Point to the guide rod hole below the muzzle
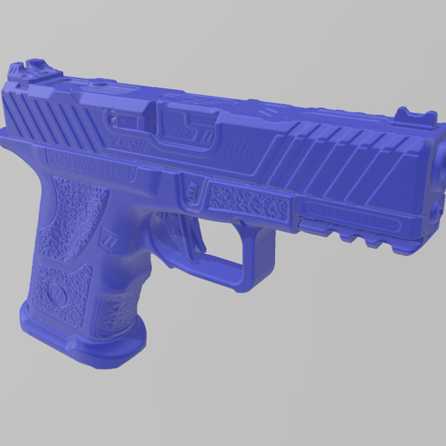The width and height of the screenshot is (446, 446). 431,207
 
